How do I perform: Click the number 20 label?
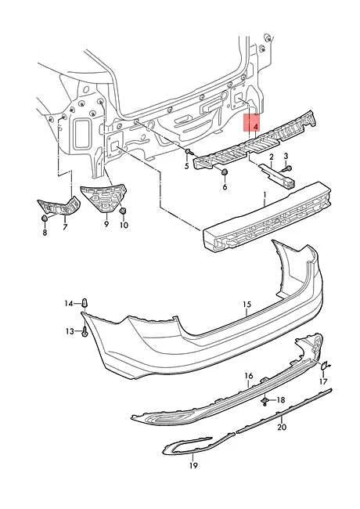(282, 428)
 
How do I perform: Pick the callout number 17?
(323, 381)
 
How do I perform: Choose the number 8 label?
(45, 233)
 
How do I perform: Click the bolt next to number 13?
(83, 332)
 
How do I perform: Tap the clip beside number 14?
(85, 301)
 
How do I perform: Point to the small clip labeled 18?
(266, 401)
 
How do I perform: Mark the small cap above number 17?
(327, 364)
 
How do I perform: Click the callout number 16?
(249, 376)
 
